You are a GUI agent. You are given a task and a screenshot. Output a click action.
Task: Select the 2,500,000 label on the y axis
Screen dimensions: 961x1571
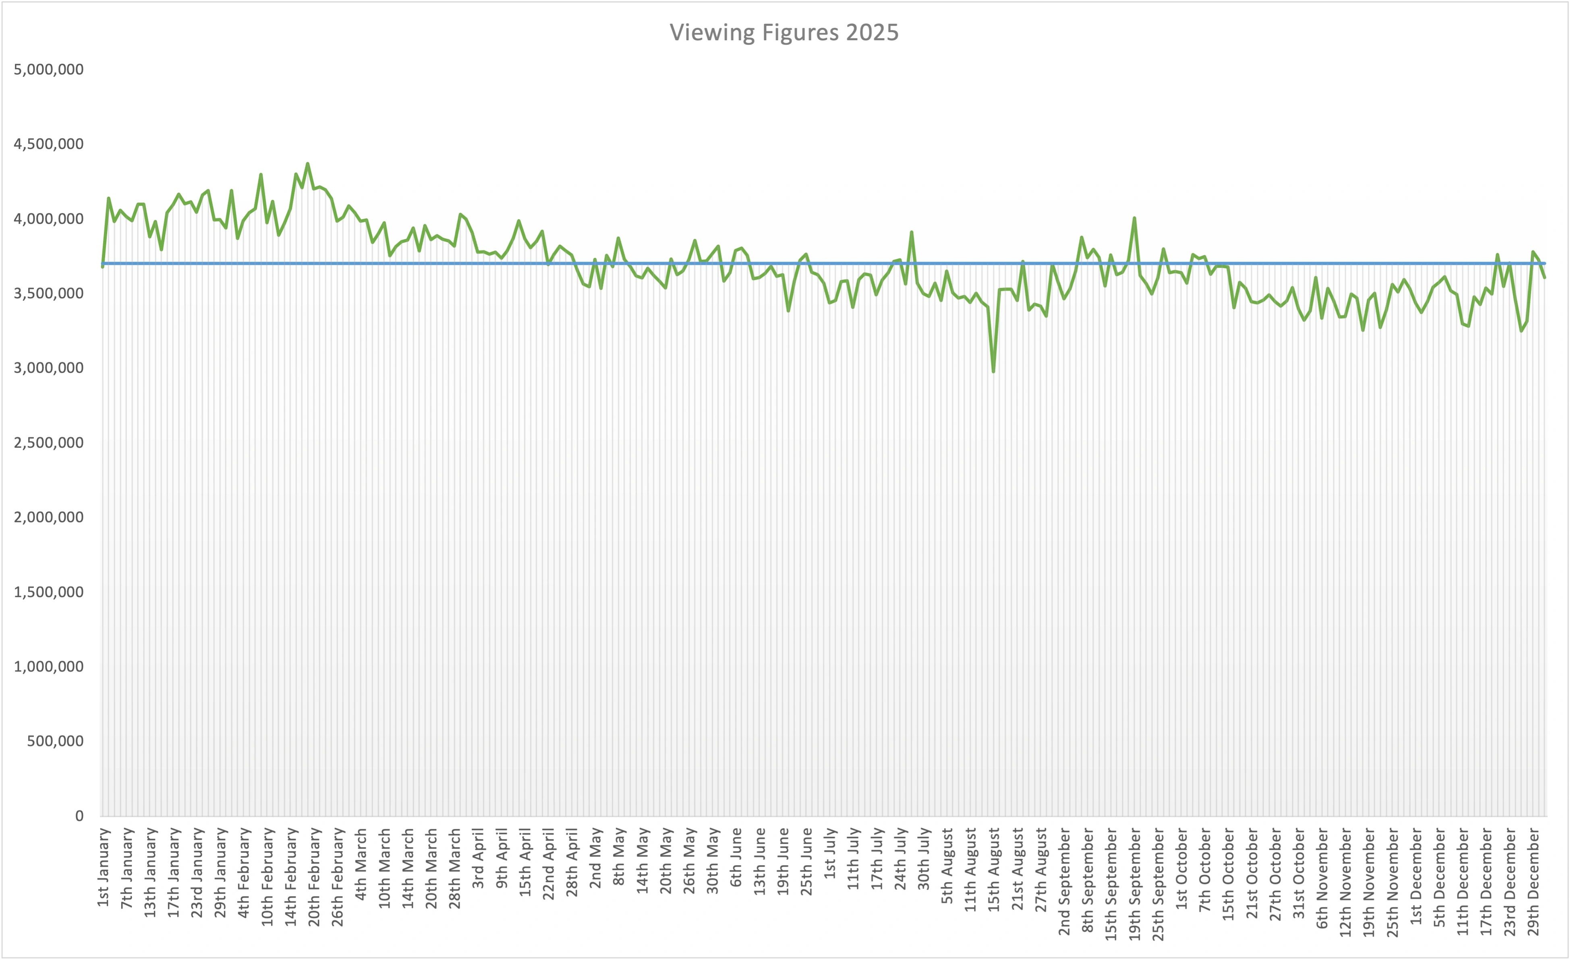click(49, 443)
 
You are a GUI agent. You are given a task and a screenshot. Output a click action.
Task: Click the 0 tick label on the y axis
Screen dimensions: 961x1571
click(79, 816)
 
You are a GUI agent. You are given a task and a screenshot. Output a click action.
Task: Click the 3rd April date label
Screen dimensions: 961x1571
click(478, 858)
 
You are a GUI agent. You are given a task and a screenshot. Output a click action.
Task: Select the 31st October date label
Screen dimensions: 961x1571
click(1299, 873)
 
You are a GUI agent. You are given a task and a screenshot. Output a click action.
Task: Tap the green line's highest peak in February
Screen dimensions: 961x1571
click(307, 164)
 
